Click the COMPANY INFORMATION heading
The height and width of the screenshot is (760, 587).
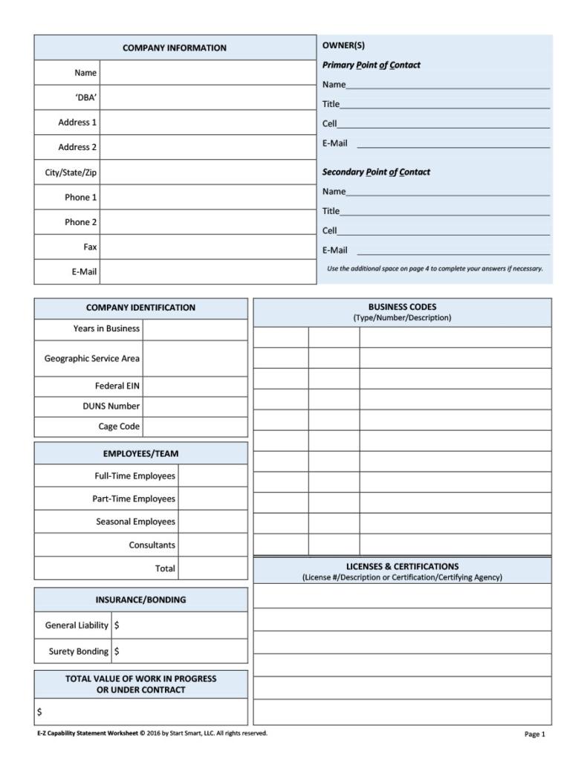point(175,48)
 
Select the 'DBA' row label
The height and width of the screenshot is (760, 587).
point(86,97)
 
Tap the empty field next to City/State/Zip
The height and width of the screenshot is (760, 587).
point(207,172)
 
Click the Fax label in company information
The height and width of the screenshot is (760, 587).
point(90,247)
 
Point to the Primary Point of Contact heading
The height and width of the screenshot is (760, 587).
point(371,65)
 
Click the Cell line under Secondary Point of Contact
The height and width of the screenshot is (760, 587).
point(443,230)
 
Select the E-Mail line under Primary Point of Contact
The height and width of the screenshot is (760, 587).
point(453,143)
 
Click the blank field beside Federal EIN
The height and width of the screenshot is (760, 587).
point(195,386)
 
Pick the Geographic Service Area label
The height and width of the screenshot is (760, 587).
point(92,358)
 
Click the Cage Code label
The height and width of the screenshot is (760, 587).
point(119,426)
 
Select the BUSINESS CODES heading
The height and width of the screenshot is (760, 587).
point(402,307)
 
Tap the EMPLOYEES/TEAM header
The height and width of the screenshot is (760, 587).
point(140,453)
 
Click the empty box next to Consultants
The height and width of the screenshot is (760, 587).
point(213,545)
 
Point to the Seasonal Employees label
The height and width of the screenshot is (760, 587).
point(135,522)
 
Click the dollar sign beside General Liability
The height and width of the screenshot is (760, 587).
point(117,626)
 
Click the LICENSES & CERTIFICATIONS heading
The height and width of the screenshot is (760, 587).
point(402,566)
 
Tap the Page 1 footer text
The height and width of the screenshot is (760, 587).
point(534,734)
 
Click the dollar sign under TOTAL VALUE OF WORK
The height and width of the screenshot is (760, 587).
point(39,712)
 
